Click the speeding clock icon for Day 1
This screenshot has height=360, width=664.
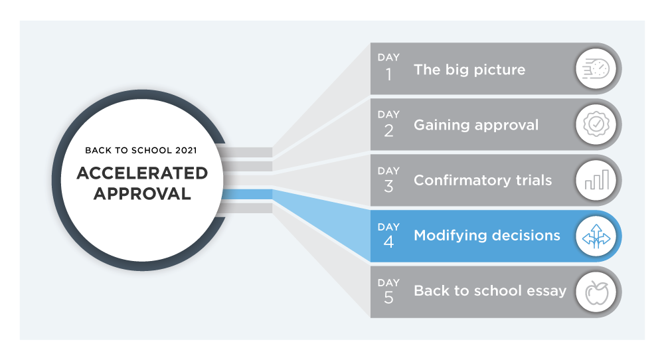(x=596, y=68)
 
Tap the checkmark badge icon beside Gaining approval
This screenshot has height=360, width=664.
(x=596, y=124)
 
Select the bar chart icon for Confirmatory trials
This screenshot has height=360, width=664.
(x=597, y=180)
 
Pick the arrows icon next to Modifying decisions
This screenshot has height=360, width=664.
(x=596, y=236)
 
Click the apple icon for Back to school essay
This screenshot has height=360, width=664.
(x=597, y=292)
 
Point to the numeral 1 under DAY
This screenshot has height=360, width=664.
(x=388, y=75)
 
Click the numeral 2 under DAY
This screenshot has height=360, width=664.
(x=388, y=131)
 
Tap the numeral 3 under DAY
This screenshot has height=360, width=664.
(x=388, y=187)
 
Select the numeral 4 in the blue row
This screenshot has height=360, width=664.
(x=388, y=242)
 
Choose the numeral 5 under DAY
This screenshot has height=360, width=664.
(x=388, y=298)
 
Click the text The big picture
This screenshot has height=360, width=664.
(x=469, y=70)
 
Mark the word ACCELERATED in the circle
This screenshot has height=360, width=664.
(x=142, y=173)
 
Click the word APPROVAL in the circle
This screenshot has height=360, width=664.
(x=142, y=194)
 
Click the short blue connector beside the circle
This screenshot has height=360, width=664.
(x=247, y=195)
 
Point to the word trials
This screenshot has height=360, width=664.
(x=534, y=181)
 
